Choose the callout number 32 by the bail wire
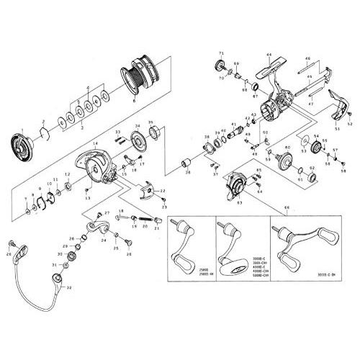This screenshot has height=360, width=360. click(x=69, y=287)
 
